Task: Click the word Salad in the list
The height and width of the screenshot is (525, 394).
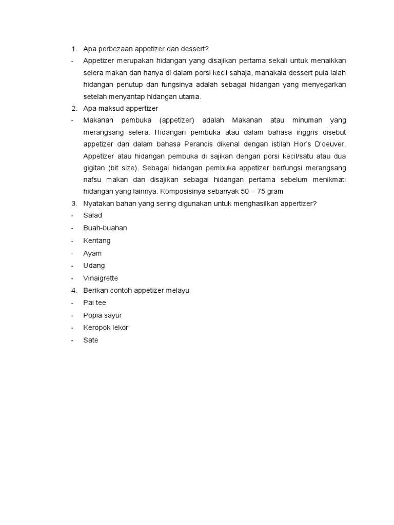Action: [x=92, y=215]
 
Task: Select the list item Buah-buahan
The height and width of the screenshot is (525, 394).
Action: [x=105, y=228]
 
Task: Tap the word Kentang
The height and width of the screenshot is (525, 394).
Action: [x=96, y=240]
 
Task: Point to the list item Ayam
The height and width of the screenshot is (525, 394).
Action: [x=92, y=253]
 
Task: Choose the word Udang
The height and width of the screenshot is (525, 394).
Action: [x=94, y=266]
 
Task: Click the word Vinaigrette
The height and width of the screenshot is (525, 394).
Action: [x=101, y=278]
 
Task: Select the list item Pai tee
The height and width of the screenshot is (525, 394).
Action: [x=94, y=302]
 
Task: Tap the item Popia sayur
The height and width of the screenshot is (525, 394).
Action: [x=102, y=315]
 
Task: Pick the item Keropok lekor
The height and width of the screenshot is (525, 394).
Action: [x=106, y=328]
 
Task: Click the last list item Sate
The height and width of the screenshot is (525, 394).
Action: [x=90, y=340]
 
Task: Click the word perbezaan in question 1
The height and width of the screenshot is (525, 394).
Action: [x=115, y=49]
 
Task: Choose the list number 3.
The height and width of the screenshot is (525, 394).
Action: [x=73, y=204]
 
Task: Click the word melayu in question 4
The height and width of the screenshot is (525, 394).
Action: [x=178, y=290]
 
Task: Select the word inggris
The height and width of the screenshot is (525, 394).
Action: [x=304, y=132]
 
